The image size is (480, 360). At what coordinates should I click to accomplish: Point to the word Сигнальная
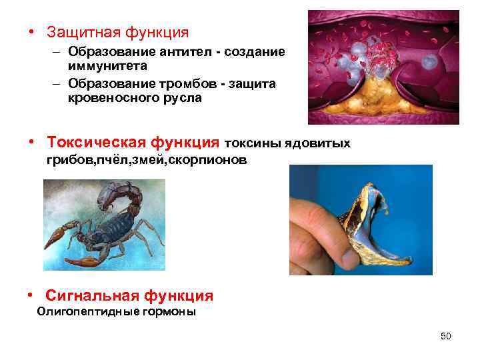tap(89, 296)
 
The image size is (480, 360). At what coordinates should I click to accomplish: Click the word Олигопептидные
tap(82, 311)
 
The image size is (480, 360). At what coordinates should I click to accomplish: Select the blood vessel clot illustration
tap(383, 67)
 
